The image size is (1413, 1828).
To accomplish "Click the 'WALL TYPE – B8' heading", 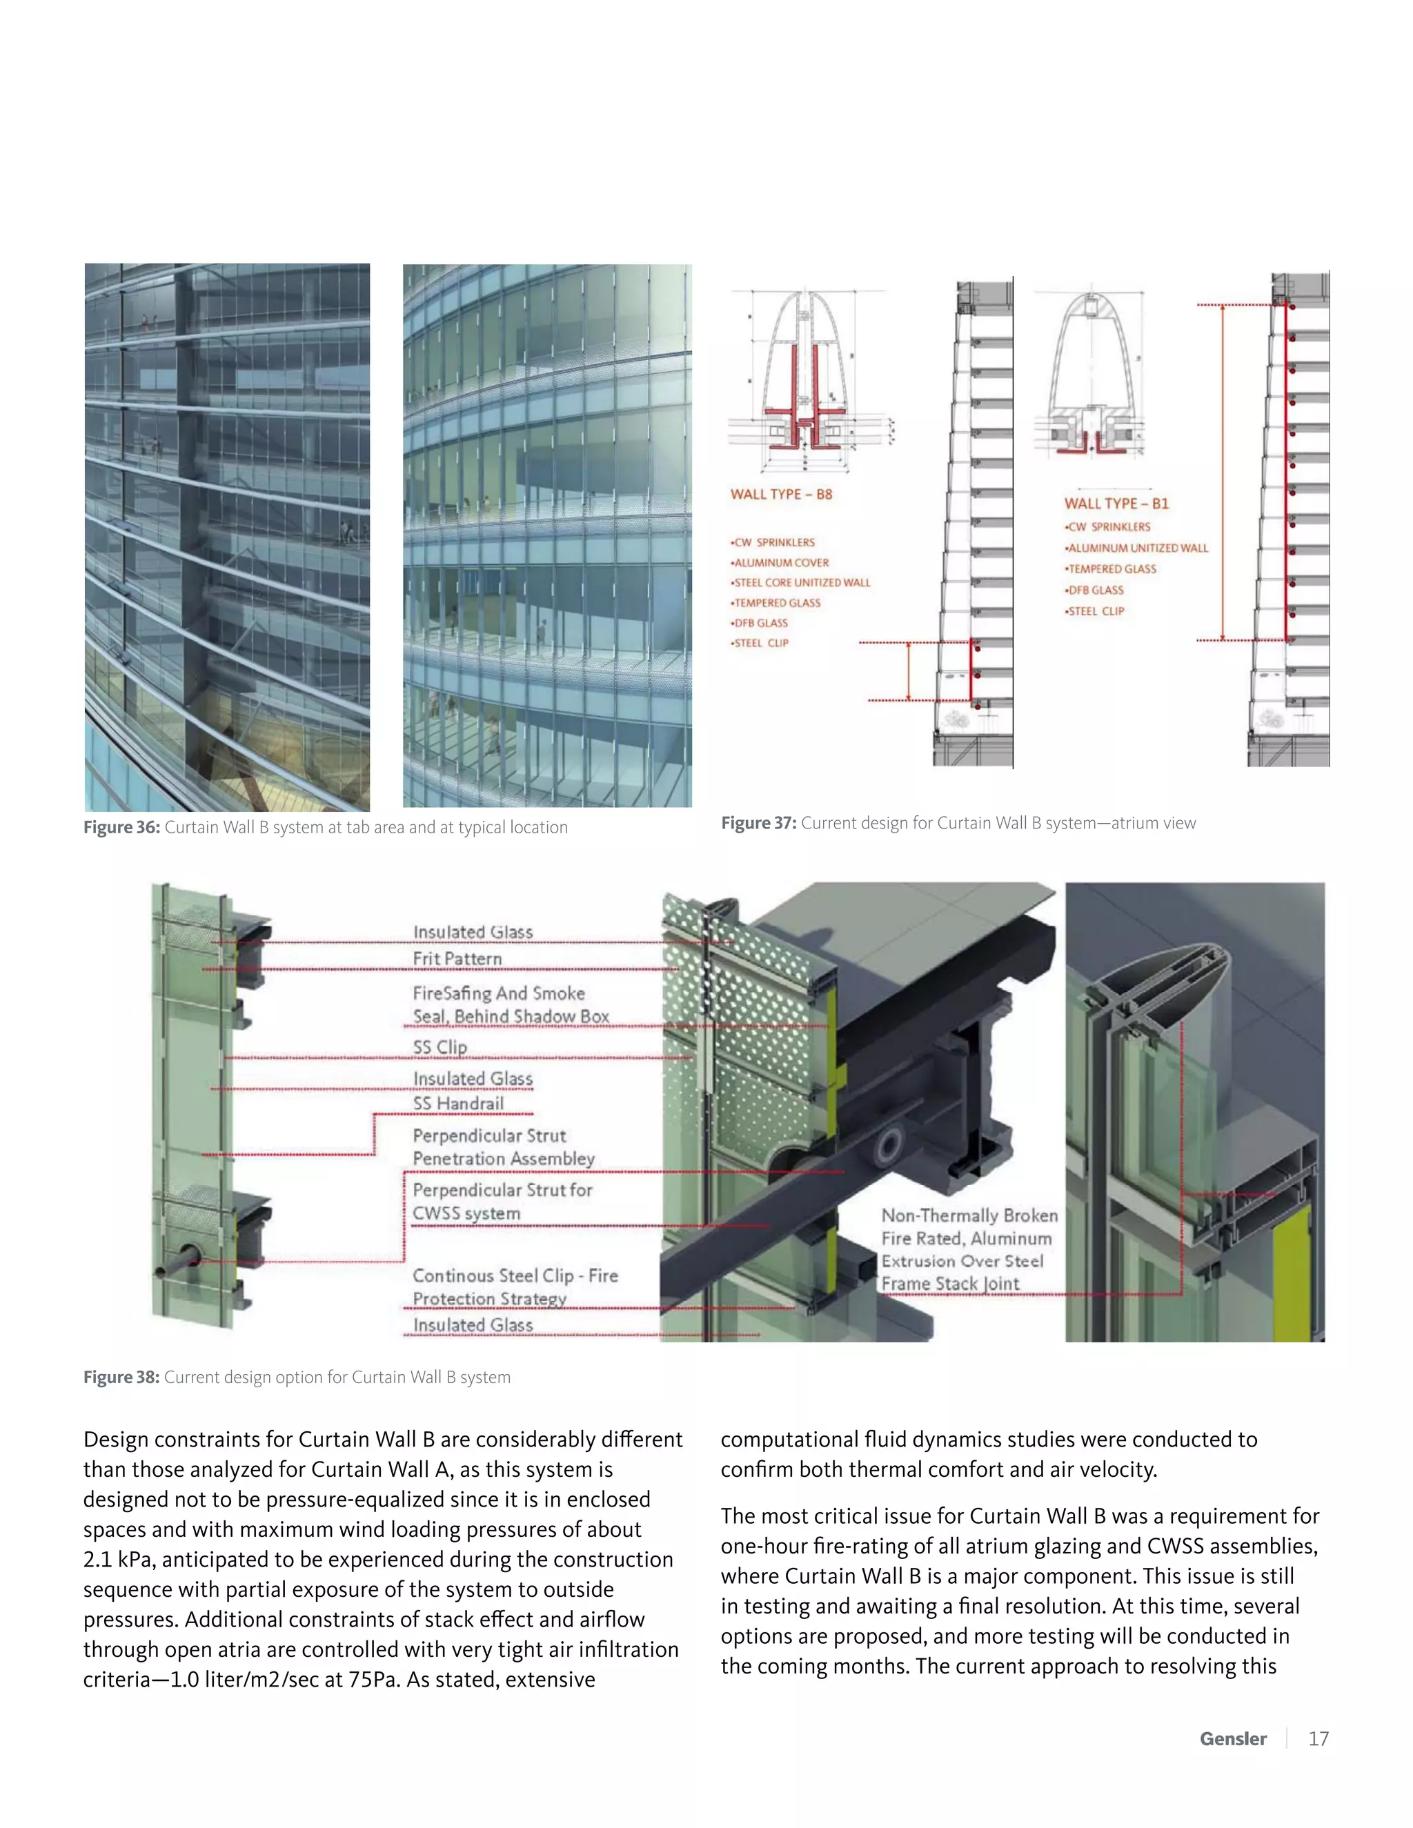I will tap(781, 494).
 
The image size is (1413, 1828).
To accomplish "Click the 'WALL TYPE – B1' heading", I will tap(1116, 503).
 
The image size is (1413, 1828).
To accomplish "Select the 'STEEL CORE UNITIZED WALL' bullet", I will tap(802, 583).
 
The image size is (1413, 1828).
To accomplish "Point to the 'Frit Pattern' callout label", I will tap(457, 958).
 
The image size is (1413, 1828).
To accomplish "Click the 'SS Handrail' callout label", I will tap(459, 1103).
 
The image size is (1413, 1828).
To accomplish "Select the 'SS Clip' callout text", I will tap(440, 1047).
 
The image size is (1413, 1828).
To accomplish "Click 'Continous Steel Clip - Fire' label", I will tap(515, 1275).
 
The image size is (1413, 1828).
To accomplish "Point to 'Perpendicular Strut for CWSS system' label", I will tap(502, 1201).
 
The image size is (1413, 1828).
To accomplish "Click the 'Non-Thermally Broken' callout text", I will tap(969, 1215).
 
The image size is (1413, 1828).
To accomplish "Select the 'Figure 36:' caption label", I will tap(121, 827).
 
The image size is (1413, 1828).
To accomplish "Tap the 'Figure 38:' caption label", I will tap(121, 1377).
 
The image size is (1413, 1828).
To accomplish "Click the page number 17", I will tap(1318, 1738).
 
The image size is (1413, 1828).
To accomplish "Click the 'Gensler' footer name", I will tap(1233, 1738).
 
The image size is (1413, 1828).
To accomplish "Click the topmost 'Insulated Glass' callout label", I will tap(473, 931).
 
